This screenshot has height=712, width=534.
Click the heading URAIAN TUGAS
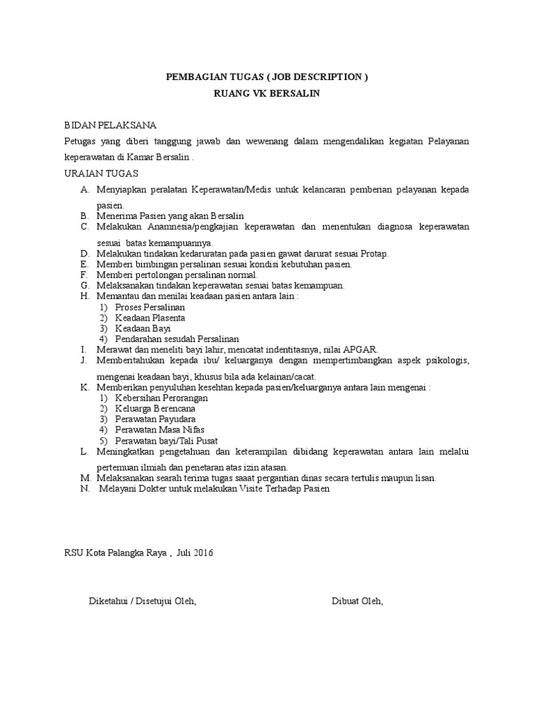point(101,172)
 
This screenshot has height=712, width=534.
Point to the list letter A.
point(84,190)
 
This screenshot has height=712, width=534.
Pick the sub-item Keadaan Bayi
point(143,328)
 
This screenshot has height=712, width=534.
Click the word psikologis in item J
point(446,360)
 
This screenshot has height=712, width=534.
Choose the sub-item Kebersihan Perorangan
point(161,398)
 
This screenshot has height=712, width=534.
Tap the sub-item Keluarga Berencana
point(155,409)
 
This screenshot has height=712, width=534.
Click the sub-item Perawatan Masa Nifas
point(159,430)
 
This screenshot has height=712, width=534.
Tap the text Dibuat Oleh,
point(357,601)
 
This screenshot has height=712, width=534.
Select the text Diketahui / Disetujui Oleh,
point(142,601)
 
